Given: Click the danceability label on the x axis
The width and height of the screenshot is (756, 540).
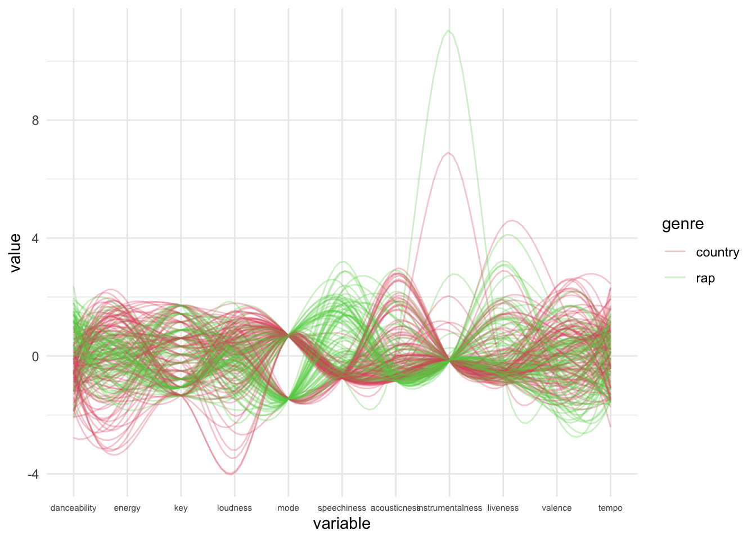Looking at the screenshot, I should tap(73, 508).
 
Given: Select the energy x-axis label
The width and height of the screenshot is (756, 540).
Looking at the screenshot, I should tap(127, 508).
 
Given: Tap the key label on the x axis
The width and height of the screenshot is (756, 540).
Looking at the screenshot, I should tap(181, 508).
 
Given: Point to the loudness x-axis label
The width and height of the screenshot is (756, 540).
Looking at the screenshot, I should tap(235, 508).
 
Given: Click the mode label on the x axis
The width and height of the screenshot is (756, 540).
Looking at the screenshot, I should tap(288, 508).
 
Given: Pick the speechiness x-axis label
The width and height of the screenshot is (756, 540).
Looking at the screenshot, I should tap(341, 508).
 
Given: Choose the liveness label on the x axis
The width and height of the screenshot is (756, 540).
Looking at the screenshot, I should tap(503, 508).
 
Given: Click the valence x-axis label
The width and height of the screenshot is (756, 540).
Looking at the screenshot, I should tap(556, 508).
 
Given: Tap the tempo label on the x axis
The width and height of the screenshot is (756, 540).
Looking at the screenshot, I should tap(610, 508).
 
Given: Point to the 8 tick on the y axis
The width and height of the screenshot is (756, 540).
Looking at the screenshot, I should tap(35, 120).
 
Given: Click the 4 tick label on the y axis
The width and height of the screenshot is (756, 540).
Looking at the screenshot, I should tap(35, 238).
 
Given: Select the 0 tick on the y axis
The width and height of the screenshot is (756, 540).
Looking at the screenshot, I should tap(35, 356).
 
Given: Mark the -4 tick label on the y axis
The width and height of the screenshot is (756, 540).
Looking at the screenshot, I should tap(33, 474).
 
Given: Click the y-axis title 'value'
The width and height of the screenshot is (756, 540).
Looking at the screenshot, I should tap(15, 253).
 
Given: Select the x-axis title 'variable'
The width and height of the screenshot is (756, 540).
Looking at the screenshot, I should tap(341, 524).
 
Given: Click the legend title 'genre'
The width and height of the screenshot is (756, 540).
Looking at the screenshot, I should tap(682, 224).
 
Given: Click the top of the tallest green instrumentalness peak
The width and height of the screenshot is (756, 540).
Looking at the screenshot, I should tap(448, 30).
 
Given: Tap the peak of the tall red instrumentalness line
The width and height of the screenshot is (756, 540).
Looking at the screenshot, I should tap(448, 152).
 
